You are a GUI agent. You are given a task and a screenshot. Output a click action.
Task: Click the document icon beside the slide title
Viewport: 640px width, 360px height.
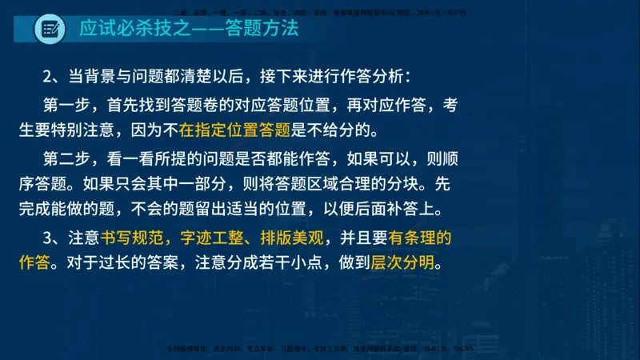50,30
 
